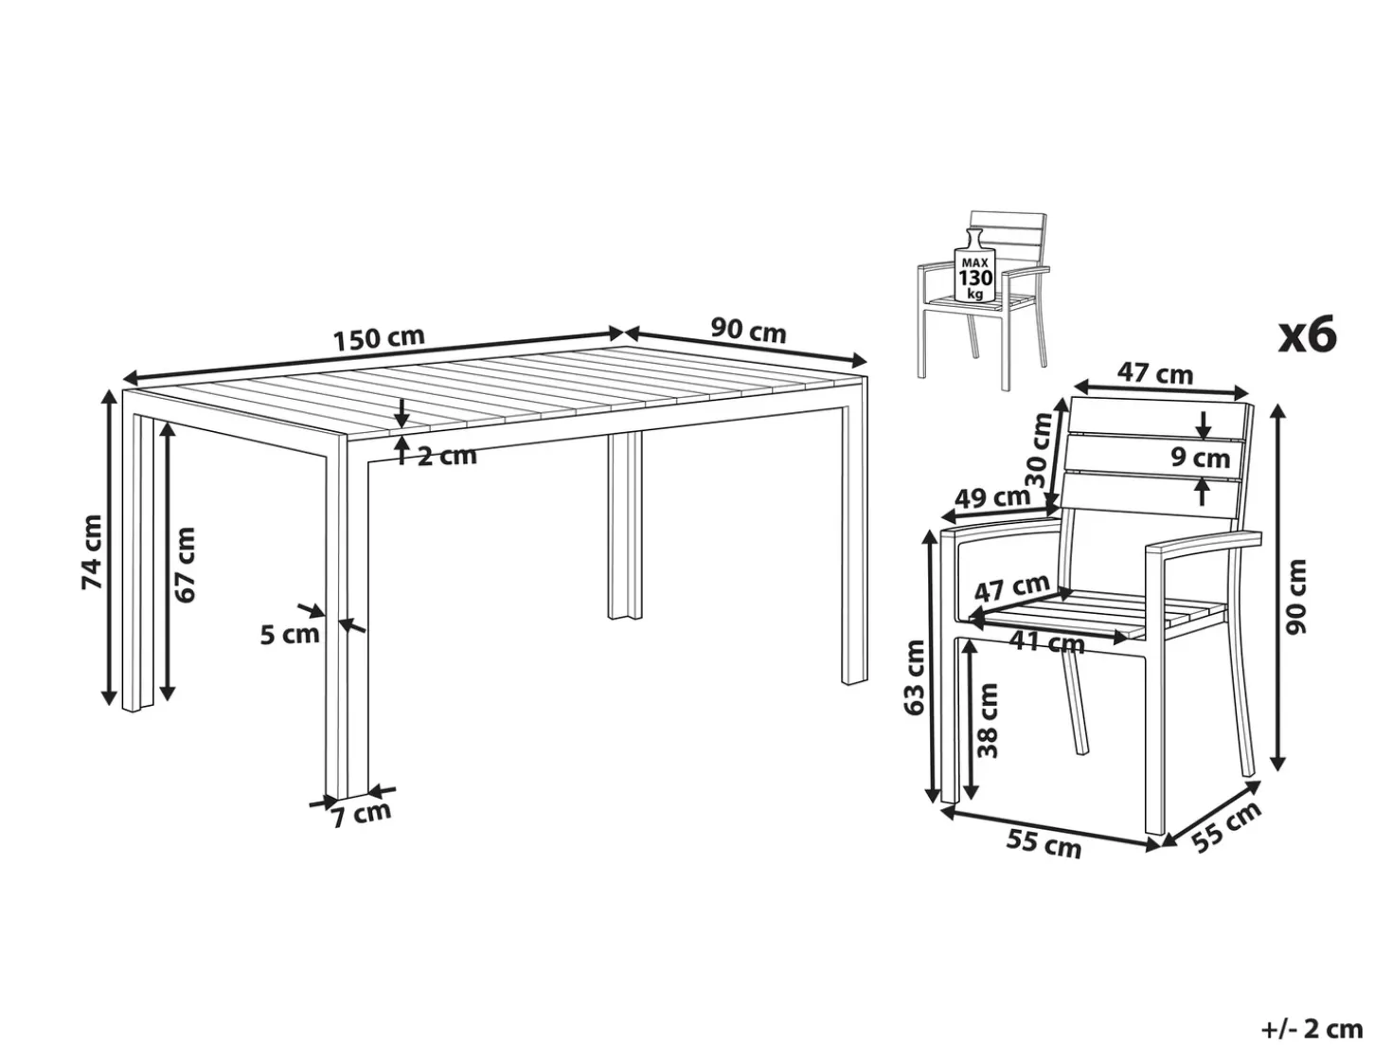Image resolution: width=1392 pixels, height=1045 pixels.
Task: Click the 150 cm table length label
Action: coord(379,338)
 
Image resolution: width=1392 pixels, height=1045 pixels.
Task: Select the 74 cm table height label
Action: coord(93,551)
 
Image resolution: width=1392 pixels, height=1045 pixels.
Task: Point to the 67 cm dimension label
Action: coord(185,564)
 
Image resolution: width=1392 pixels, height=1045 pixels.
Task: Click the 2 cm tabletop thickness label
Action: coord(447,456)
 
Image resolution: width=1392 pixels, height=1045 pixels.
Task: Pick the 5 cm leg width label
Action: coord(290,634)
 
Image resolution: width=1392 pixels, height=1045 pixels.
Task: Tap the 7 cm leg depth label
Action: coord(362,814)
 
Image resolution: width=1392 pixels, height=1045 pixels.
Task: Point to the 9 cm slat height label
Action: coord(1200,457)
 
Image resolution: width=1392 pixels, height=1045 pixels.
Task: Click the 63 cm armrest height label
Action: coord(915,677)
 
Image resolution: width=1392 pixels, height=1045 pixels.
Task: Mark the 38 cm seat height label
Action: coord(987,720)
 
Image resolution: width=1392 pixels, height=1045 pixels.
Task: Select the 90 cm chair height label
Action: coord(1296,597)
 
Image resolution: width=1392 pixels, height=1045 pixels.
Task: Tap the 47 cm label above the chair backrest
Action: coord(1155,373)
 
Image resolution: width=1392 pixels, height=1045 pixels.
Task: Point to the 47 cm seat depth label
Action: coord(1011,588)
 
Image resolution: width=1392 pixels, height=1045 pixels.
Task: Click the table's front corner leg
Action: coord(347,616)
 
